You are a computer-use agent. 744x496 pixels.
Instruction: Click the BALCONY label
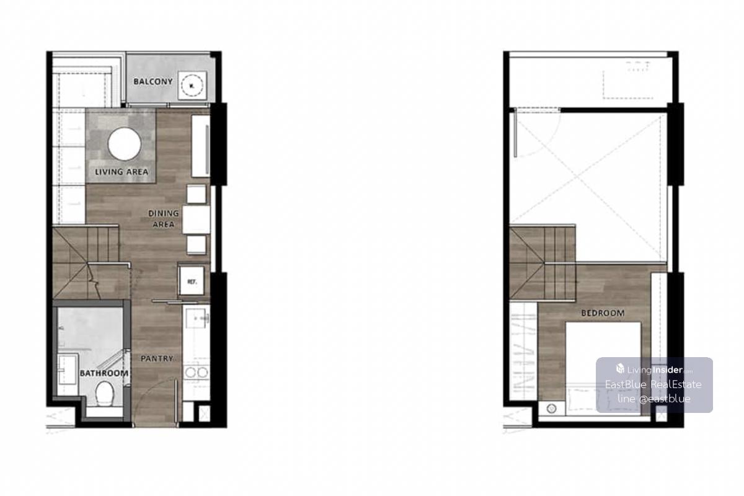pyautogui.click(x=153, y=81)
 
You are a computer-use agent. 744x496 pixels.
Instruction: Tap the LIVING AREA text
pyautogui.click(x=122, y=172)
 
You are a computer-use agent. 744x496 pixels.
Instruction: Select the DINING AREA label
pyautogui.click(x=164, y=219)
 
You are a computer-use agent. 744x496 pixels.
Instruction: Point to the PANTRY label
pyautogui.click(x=157, y=358)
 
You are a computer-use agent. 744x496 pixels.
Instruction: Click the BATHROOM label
pyautogui.click(x=104, y=373)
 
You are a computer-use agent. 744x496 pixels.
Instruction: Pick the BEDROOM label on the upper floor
pyautogui.click(x=603, y=313)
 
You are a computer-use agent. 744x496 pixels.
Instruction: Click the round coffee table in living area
pyautogui.click(x=125, y=144)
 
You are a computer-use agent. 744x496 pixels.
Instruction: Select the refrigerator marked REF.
pyautogui.click(x=192, y=281)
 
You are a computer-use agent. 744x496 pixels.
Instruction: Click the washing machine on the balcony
pyautogui.click(x=192, y=86)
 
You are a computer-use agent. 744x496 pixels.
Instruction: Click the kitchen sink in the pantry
pyautogui.click(x=196, y=318)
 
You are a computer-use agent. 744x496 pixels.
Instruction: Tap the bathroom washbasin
pyautogui.click(x=68, y=369)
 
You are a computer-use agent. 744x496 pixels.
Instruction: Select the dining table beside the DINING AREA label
pyautogui.click(x=196, y=219)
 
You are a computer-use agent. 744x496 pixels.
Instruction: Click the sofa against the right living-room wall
pyautogui.click(x=201, y=146)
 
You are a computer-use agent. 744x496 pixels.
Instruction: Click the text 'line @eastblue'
pyautogui.click(x=653, y=399)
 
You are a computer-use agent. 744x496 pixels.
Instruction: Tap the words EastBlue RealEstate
pyautogui.click(x=653, y=384)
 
